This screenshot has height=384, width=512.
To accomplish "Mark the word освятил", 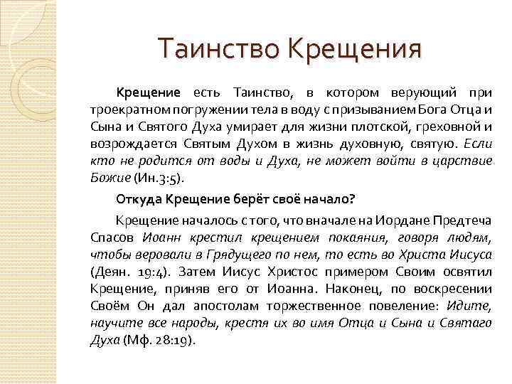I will (x=465, y=270).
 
